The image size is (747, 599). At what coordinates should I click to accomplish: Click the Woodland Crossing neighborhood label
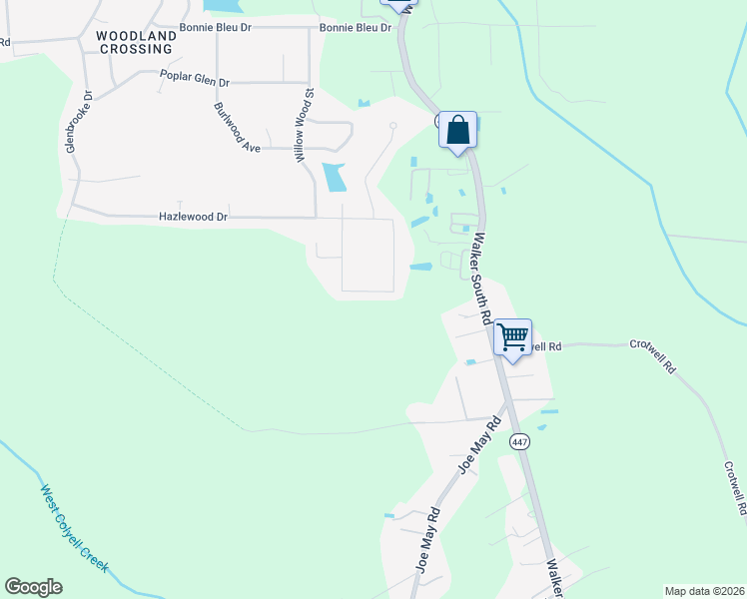135,41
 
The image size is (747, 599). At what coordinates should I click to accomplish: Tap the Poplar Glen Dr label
195,76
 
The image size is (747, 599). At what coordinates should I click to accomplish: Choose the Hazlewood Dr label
194,216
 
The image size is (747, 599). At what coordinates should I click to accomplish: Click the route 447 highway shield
518,441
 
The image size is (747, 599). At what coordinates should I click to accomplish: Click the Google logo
33,587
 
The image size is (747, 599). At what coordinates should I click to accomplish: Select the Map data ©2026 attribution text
704,591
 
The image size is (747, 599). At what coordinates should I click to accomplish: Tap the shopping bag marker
457,131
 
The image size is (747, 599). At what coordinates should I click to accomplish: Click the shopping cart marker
512,338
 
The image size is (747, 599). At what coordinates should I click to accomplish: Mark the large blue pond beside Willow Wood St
334,177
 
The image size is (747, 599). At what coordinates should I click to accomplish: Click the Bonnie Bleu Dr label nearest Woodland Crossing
216,27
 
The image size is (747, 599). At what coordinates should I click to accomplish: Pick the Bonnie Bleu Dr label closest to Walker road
355,27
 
